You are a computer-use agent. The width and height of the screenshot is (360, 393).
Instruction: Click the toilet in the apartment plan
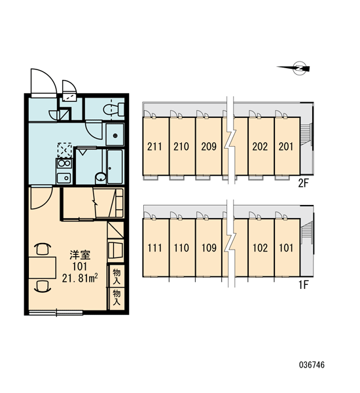(x=114, y=109)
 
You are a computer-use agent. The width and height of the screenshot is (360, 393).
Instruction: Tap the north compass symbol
(x=294, y=67)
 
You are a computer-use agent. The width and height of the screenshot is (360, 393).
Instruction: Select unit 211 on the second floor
(x=154, y=146)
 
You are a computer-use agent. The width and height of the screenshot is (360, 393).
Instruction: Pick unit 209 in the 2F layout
(x=209, y=146)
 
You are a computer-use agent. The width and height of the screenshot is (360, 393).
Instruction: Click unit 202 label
(x=260, y=146)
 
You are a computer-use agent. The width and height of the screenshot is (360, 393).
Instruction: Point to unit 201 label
(x=286, y=146)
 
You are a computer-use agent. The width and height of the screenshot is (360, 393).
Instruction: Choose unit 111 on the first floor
(x=154, y=248)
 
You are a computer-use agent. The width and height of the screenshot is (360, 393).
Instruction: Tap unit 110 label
(x=181, y=248)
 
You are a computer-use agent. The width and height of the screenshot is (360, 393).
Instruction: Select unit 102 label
(x=260, y=248)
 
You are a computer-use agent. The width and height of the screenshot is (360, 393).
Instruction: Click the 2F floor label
(x=303, y=183)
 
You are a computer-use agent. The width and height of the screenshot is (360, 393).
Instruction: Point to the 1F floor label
(x=304, y=285)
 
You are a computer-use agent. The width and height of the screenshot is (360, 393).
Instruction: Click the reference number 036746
(x=312, y=365)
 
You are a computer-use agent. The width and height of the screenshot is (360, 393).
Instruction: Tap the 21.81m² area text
(x=80, y=278)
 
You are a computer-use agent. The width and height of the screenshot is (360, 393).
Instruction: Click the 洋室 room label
(x=80, y=255)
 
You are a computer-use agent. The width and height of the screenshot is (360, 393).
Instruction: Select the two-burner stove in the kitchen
(x=64, y=163)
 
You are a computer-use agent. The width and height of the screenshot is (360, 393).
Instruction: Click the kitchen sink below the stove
(x=64, y=178)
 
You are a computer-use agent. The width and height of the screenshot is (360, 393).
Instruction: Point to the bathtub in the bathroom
(x=115, y=166)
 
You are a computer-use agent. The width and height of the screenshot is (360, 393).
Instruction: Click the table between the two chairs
(x=42, y=268)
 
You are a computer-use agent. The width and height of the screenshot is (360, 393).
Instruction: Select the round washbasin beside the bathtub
(x=101, y=178)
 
